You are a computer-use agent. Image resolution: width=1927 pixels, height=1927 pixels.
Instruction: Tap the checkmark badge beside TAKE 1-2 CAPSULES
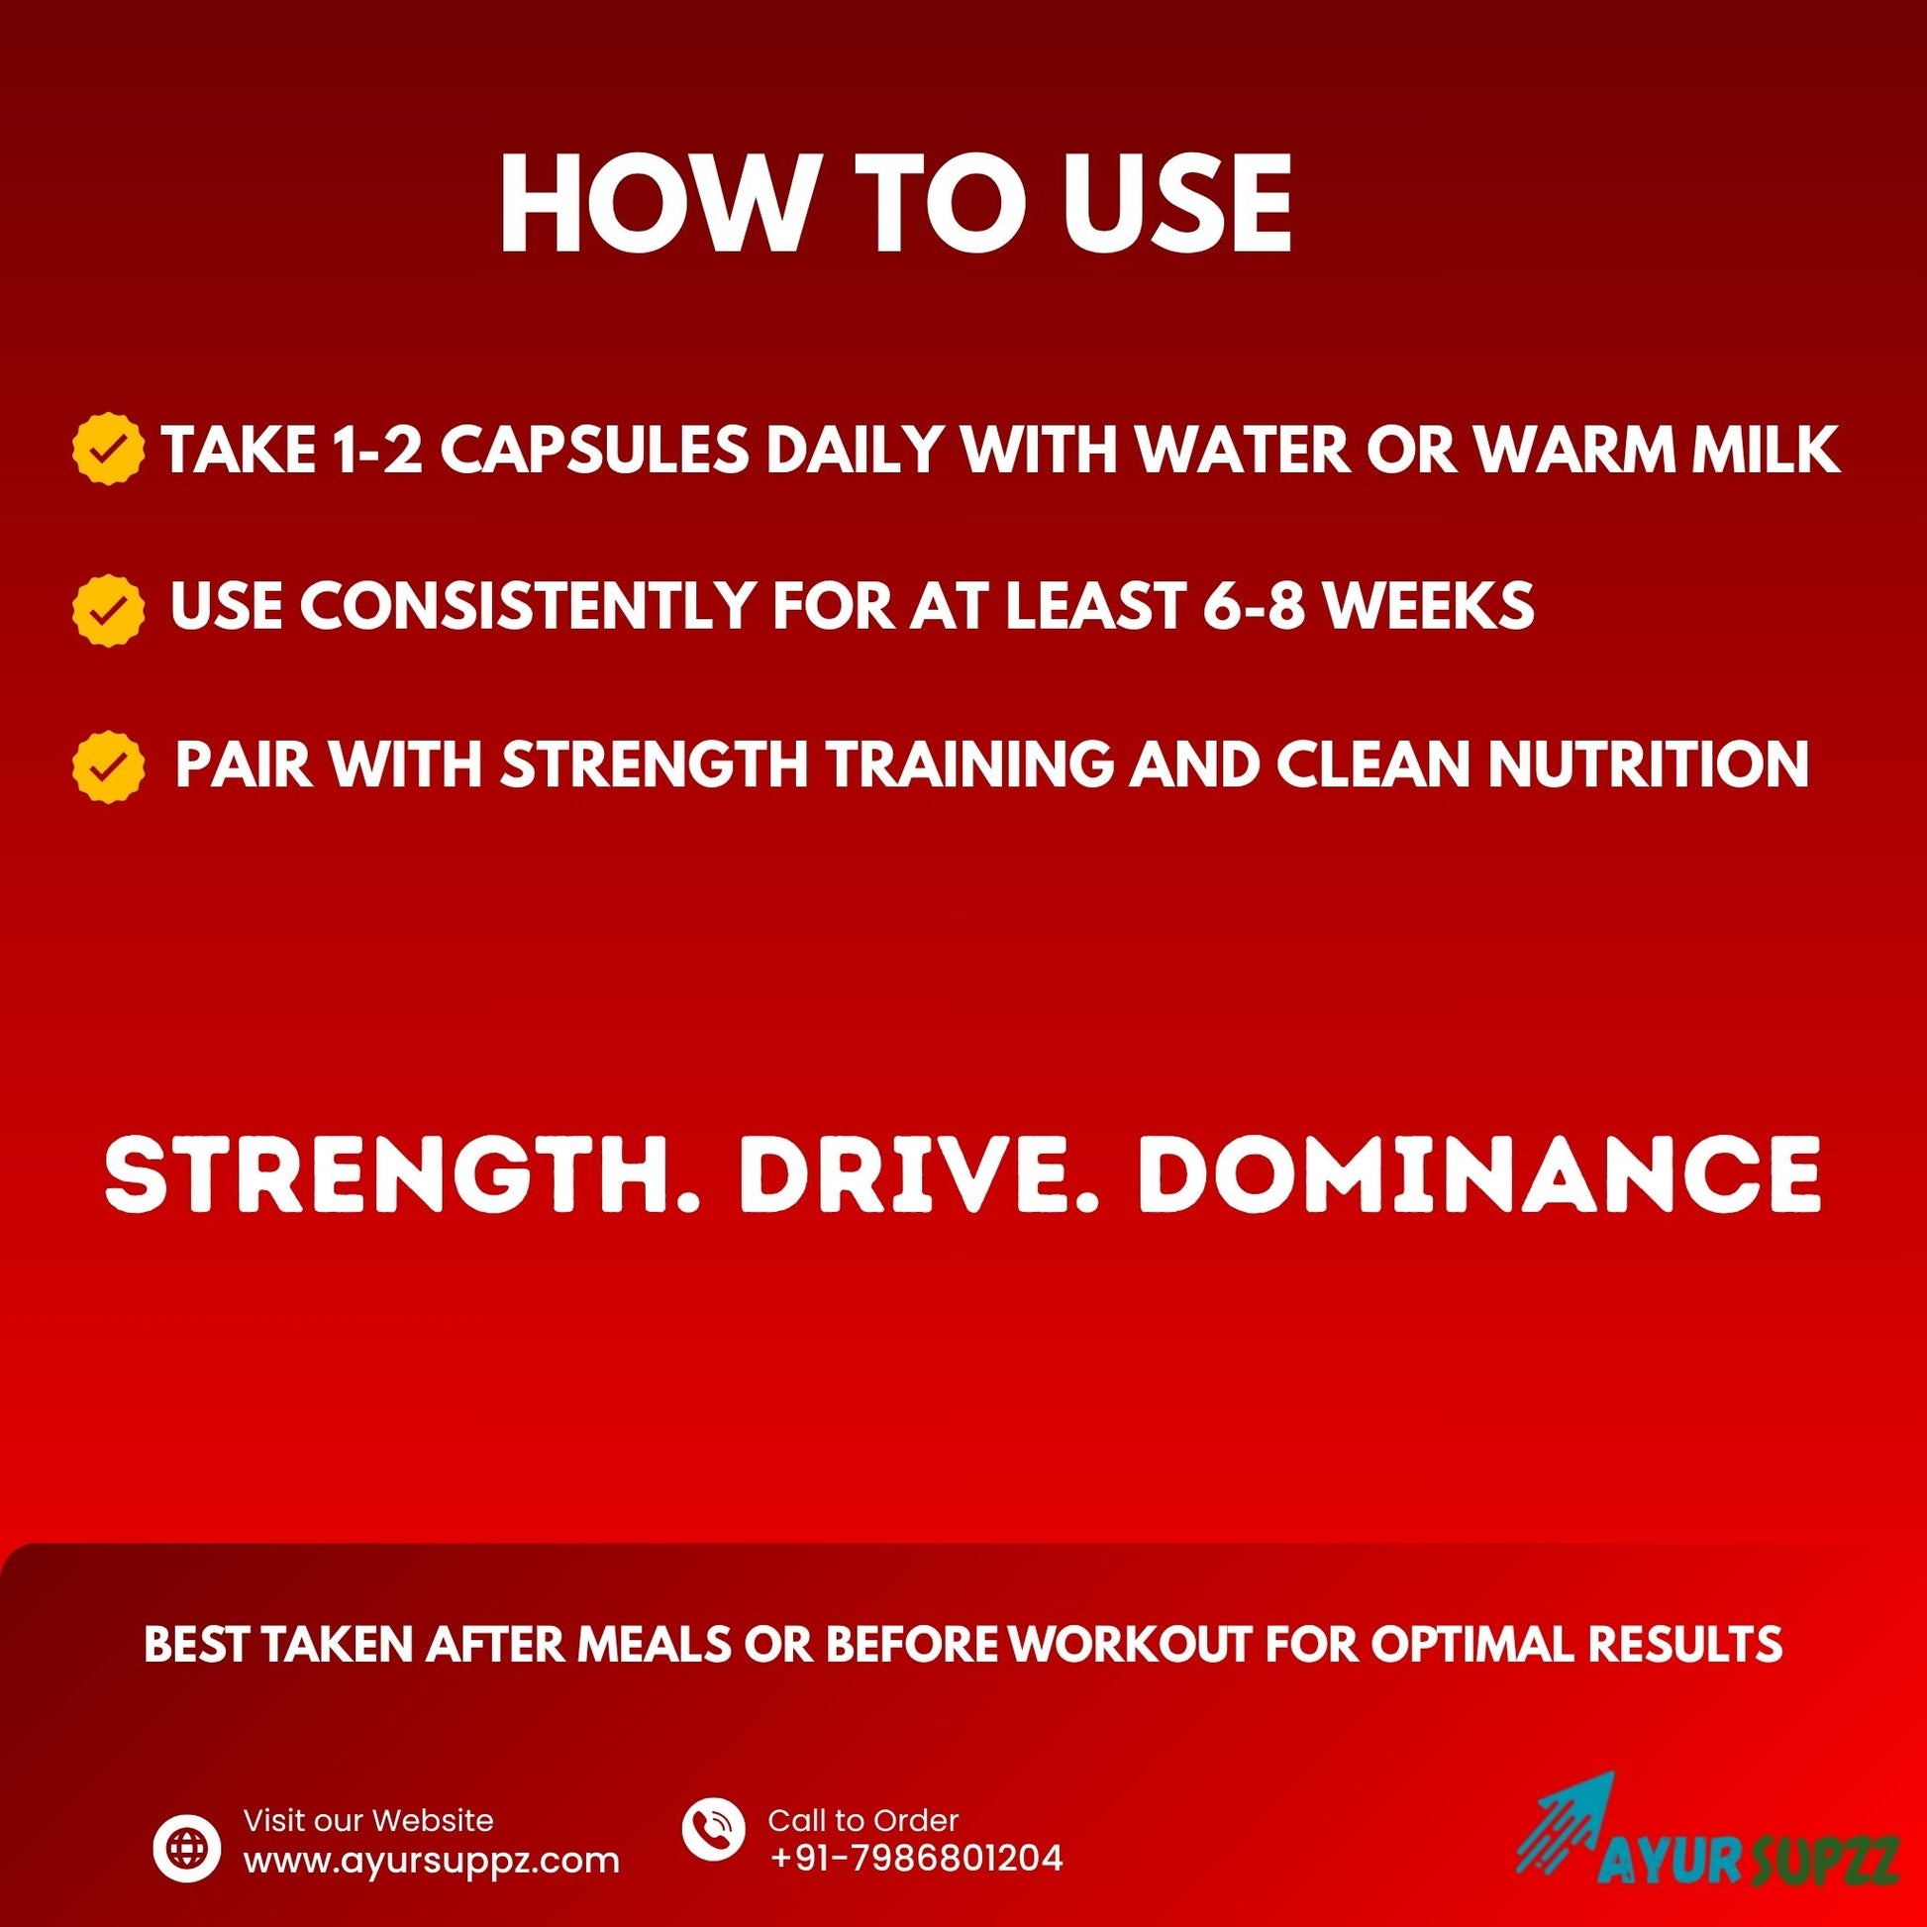tap(108, 449)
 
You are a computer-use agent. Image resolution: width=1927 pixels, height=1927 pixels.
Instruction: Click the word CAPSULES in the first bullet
tap(594, 450)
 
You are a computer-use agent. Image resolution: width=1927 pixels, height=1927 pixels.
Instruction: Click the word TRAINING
tap(973, 763)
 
